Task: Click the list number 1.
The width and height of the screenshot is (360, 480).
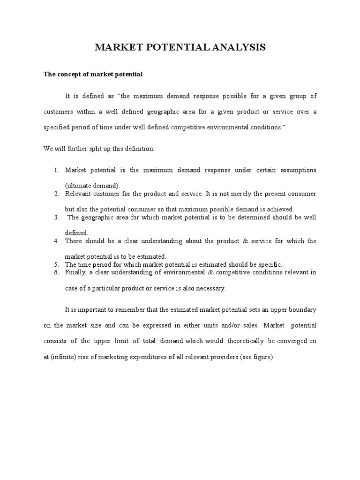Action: click(56, 170)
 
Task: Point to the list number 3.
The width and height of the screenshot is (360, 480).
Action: click(56, 217)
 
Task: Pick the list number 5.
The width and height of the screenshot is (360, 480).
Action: click(56, 265)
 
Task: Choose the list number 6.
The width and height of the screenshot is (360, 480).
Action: click(56, 272)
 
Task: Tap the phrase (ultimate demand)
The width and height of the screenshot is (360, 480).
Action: click(93, 185)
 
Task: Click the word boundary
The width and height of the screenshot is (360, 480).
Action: click(302, 310)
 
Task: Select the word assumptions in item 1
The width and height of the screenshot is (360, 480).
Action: click(298, 170)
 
